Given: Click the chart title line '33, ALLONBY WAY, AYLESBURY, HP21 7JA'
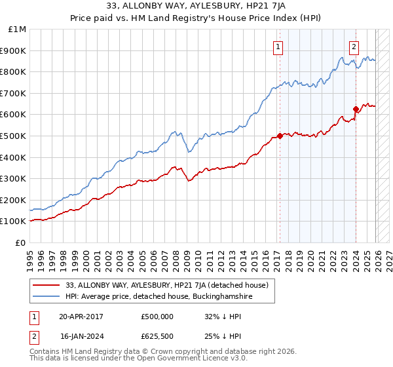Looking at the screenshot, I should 196,7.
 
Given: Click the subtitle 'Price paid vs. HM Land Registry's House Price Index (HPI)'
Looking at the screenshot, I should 196,19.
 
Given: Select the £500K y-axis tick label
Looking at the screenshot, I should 15,136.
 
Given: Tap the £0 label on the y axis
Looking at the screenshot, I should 21,242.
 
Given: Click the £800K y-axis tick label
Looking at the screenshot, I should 15,72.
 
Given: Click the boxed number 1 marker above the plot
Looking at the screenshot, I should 279,47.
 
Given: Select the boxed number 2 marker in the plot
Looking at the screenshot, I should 354,47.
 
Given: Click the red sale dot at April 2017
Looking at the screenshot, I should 280,136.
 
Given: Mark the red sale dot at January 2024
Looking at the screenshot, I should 356,109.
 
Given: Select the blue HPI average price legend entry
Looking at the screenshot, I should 157,297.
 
